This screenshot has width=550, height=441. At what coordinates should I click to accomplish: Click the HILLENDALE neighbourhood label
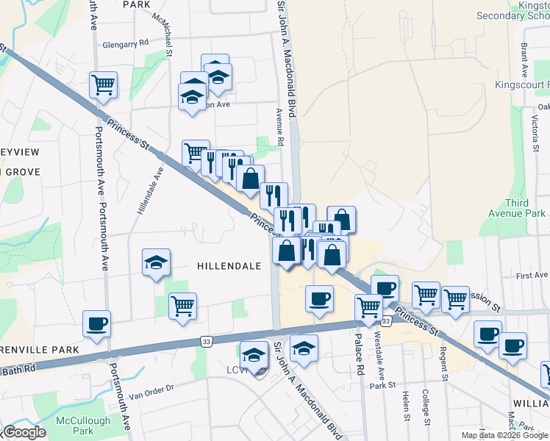pyautogui.click(x=229, y=266)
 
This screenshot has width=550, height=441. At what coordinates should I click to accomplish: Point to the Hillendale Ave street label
pyautogui.click(x=149, y=190)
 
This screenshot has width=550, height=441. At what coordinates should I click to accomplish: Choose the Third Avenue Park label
pyautogui.click(x=524, y=208)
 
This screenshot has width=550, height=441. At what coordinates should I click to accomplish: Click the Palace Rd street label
pyautogui.click(x=360, y=351)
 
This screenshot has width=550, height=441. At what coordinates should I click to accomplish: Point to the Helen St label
pyautogui.click(x=406, y=406)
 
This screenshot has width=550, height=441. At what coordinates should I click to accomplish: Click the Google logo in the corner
pyautogui.click(x=24, y=431)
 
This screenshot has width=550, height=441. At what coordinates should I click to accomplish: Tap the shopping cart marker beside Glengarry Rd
pyautogui.click(x=103, y=85)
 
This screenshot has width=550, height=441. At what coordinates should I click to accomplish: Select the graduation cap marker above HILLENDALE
pyautogui.click(x=156, y=263)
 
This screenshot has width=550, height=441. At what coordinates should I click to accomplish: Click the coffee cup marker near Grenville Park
pyautogui.click(x=96, y=324)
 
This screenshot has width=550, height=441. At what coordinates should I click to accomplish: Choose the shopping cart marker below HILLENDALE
pyautogui.click(x=182, y=306)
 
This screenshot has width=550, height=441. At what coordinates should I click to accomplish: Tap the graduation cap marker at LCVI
pyautogui.click(x=254, y=356)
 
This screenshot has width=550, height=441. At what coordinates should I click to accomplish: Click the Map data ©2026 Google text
pyautogui.click(x=504, y=434)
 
